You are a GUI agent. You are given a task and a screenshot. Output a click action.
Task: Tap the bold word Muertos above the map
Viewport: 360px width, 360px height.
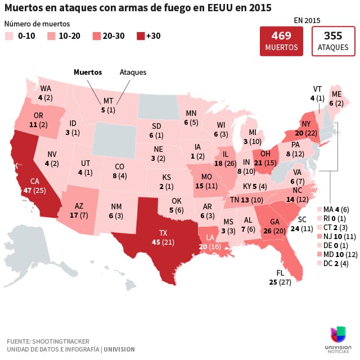[88, 72]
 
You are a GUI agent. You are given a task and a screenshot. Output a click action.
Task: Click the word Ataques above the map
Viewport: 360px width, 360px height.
[133, 72]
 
